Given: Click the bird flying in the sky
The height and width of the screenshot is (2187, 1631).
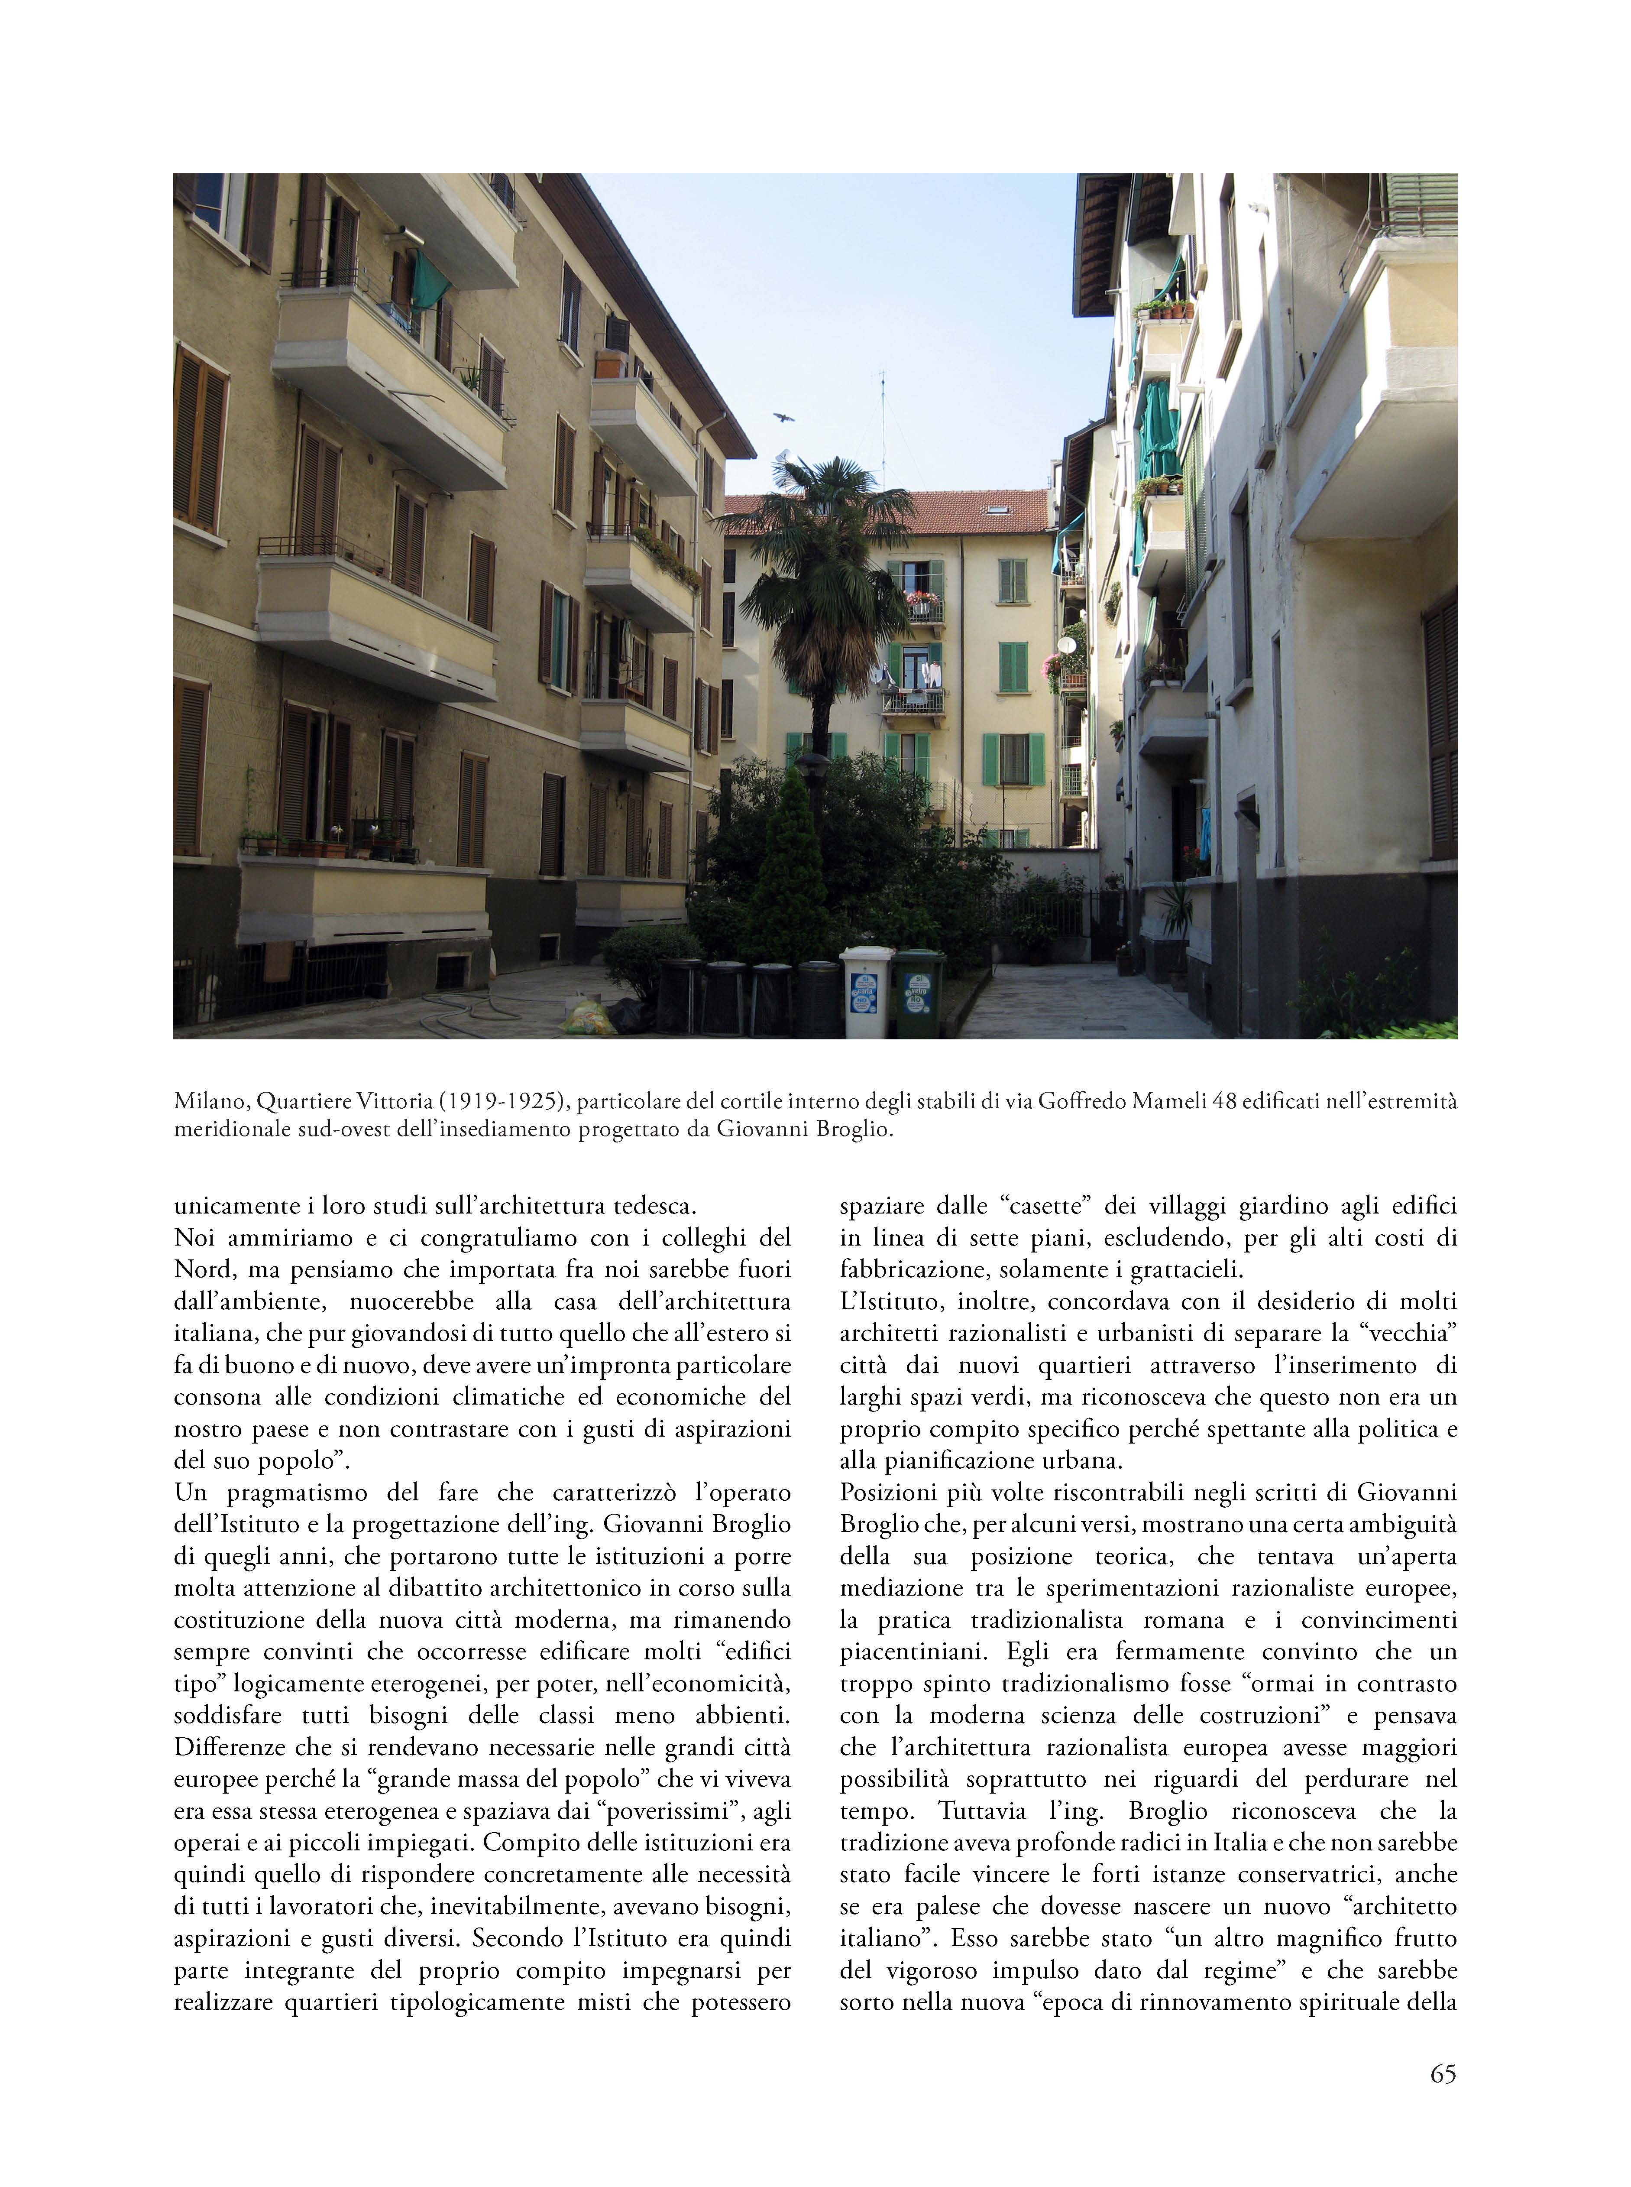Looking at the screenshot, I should click(x=784, y=419).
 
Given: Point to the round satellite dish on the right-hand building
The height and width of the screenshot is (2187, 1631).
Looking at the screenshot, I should click(x=1066, y=645).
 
